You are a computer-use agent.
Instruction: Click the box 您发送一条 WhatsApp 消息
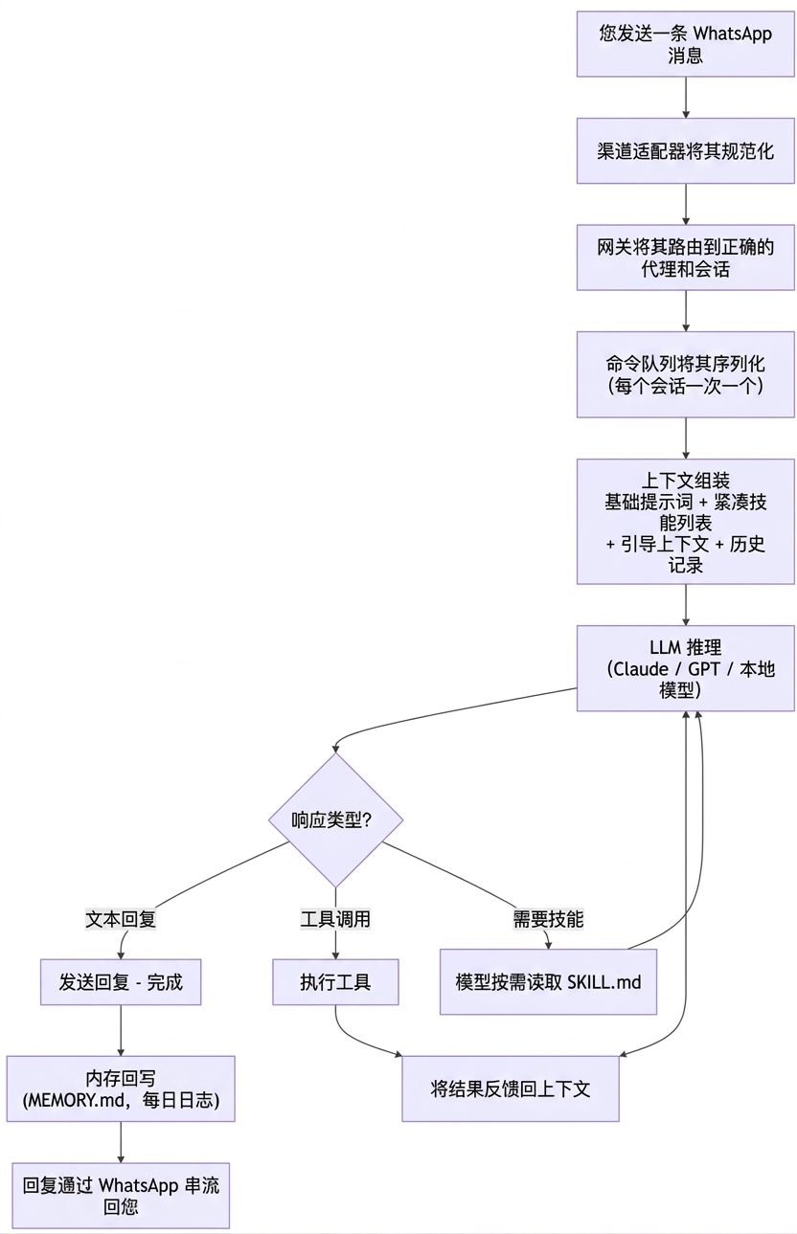click(685, 44)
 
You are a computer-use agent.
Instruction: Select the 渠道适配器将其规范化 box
click(685, 151)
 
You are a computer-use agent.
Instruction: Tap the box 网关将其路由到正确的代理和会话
click(685, 258)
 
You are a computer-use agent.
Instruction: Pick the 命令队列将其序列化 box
click(685, 374)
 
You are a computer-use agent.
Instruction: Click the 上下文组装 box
click(685, 522)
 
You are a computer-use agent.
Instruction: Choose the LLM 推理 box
click(685, 668)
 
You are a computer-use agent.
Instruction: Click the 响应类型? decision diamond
click(334, 819)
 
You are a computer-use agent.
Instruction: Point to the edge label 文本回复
click(121, 919)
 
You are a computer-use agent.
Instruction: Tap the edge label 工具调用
click(335, 919)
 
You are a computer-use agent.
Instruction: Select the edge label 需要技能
click(548, 919)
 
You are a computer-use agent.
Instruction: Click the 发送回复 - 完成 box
click(121, 982)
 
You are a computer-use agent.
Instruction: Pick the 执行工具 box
click(335, 982)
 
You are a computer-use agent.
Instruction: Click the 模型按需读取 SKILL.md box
click(548, 982)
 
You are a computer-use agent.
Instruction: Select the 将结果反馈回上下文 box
click(510, 1088)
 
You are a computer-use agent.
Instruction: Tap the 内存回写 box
click(121, 1088)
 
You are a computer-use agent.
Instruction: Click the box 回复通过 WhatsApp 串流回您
click(121, 1196)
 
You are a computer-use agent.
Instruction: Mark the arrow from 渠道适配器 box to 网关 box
click(686, 204)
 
